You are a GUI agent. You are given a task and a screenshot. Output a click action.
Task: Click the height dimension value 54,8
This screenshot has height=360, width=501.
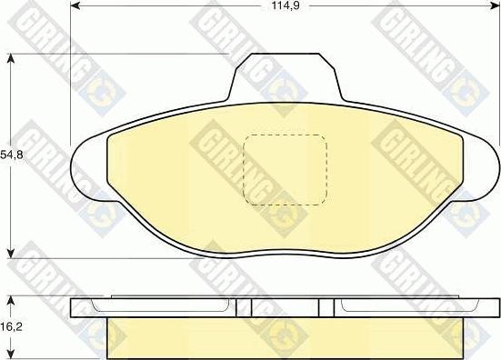click(x=10, y=155)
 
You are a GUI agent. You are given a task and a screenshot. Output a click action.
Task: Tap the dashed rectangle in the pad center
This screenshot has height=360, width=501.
click(x=286, y=169)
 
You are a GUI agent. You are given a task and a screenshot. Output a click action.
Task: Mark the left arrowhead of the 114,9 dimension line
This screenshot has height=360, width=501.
click(x=75, y=19)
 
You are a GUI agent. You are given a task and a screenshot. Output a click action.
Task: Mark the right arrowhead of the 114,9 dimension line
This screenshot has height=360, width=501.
click(x=495, y=19)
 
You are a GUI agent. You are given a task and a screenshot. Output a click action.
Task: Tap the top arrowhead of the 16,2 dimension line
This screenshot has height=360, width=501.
click(x=10, y=297)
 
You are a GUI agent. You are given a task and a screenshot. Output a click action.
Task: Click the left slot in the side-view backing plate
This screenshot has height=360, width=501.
click(x=243, y=308)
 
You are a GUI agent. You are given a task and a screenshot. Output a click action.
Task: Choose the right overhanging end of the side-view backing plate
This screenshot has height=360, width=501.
click(x=482, y=307)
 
